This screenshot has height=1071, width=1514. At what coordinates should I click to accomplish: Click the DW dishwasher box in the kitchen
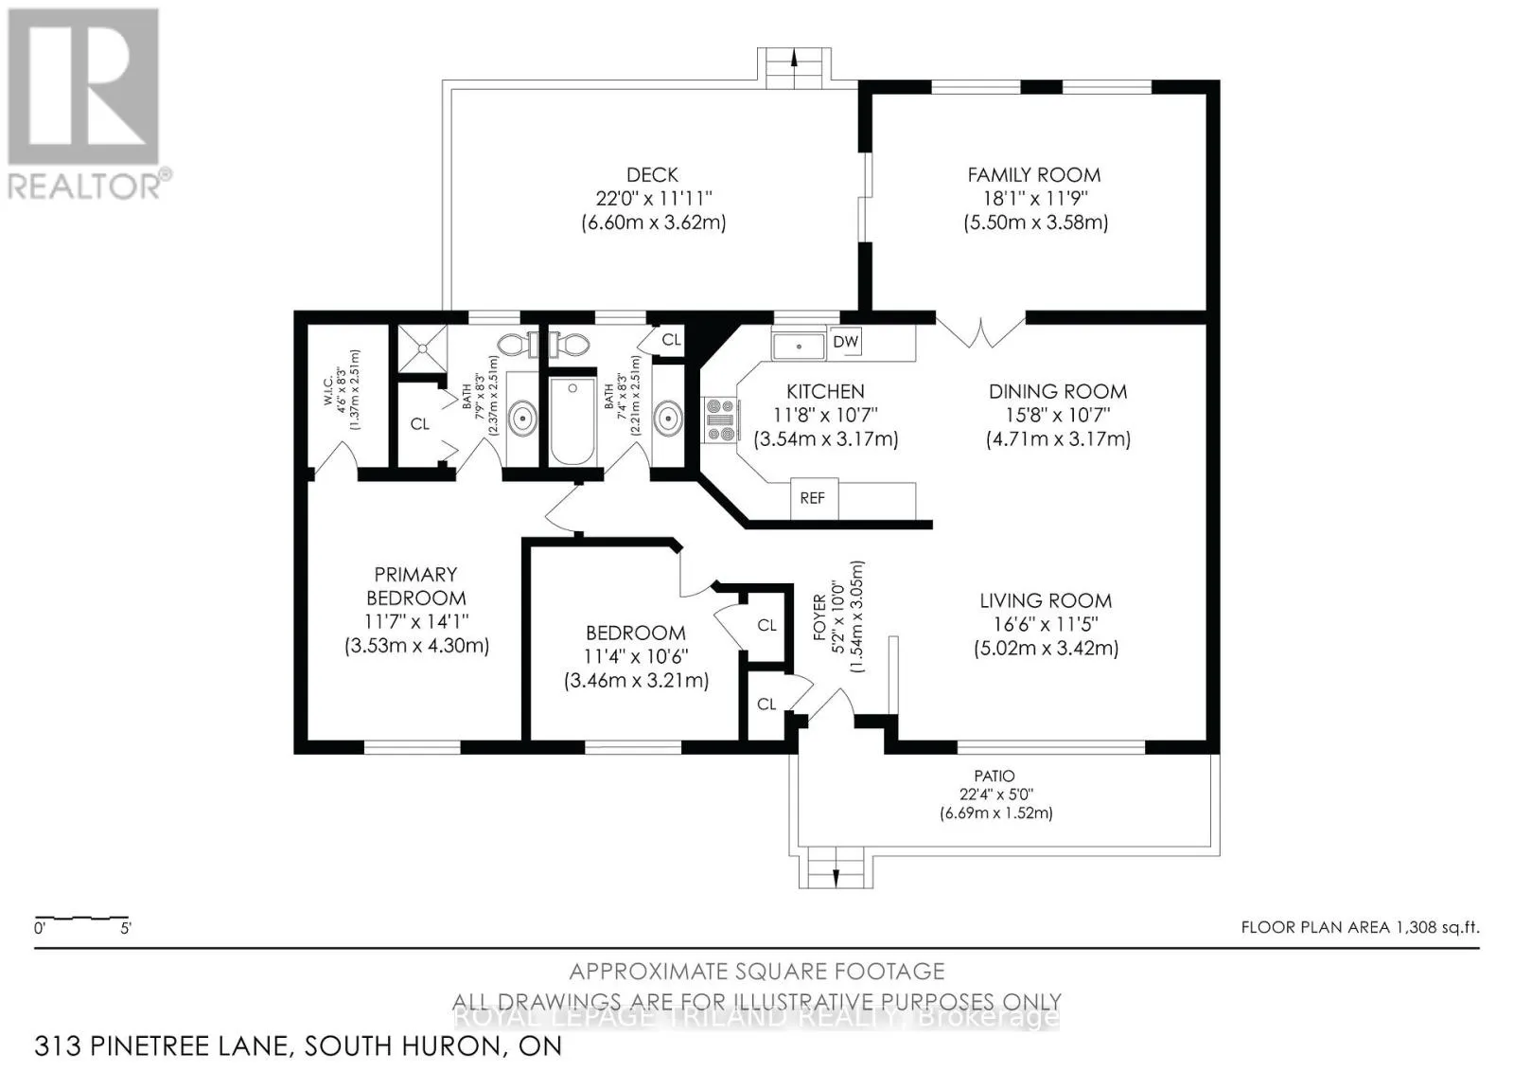845,342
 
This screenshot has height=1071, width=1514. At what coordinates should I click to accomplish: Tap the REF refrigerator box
814,499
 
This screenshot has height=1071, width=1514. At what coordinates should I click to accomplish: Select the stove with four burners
719,420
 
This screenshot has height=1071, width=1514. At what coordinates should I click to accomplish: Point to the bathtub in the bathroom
572,420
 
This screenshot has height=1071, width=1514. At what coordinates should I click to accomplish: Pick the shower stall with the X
422,348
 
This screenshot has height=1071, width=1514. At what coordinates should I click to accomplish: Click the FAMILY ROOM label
1034,175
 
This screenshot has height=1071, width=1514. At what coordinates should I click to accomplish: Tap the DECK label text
652,175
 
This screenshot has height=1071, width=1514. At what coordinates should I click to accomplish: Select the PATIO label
995,776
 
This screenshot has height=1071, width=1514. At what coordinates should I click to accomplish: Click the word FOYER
819,617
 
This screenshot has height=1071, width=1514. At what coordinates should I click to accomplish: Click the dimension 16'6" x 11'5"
1046,624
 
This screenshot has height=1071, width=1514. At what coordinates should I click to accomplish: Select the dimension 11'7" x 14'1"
416,621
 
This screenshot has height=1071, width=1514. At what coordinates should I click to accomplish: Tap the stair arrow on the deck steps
794,58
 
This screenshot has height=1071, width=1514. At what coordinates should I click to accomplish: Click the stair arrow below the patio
836,877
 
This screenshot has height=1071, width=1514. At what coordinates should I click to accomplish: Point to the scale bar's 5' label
126,929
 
